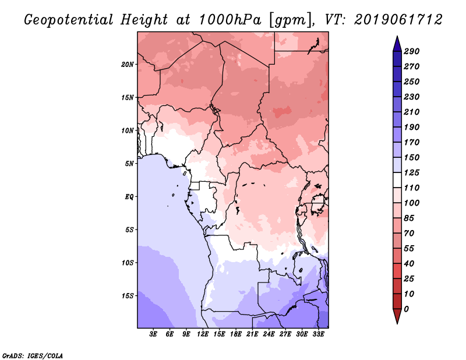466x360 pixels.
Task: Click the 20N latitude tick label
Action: (x=127, y=65)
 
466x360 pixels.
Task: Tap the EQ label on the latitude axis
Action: (x=129, y=197)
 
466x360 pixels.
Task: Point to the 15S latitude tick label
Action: (x=128, y=296)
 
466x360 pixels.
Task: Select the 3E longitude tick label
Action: (x=153, y=334)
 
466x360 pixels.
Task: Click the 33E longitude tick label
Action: (x=318, y=334)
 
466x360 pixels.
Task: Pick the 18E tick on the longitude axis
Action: (x=236, y=334)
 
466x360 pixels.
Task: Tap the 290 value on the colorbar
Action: (x=411, y=51)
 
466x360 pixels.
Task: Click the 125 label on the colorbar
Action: (x=411, y=172)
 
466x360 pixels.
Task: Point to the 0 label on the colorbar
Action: (x=407, y=309)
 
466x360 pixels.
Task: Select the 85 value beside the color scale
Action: (x=409, y=218)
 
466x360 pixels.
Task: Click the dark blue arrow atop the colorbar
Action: (x=397, y=44)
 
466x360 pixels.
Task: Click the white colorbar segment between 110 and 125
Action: (x=397, y=180)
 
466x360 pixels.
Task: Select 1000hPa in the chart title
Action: (x=230, y=20)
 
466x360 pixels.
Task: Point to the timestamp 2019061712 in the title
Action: (x=398, y=20)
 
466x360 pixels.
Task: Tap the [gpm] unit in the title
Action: (x=291, y=20)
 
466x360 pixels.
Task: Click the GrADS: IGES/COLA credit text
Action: (x=33, y=355)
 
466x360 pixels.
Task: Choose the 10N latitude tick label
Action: (x=127, y=130)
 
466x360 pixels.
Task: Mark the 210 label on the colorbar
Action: (x=411, y=112)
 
